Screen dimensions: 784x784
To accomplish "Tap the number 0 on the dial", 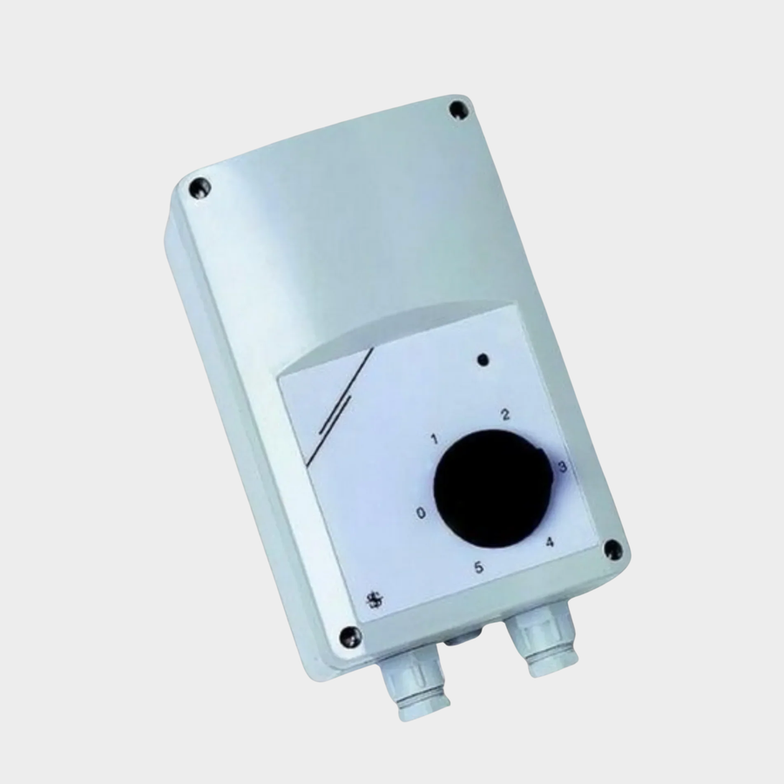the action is [x=422, y=513].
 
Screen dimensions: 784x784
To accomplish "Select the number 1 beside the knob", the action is [x=435, y=440].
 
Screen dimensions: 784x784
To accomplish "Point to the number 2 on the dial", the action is [x=505, y=415].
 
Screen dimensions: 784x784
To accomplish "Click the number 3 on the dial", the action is [x=562, y=467].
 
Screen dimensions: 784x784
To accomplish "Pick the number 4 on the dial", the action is [x=550, y=542].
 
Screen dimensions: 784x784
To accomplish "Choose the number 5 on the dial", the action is [x=479, y=567].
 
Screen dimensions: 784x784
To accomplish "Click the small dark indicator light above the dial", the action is [x=483, y=359].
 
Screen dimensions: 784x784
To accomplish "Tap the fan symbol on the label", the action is [x=374, y=599].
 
